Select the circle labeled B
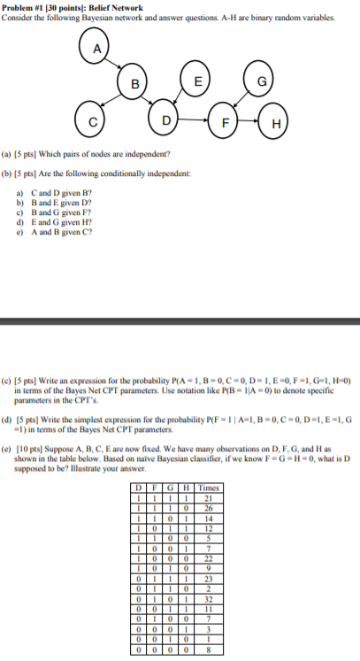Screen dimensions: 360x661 click(134, 84)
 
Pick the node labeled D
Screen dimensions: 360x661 click(166, 118)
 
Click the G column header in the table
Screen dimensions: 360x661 click(168, 487)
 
